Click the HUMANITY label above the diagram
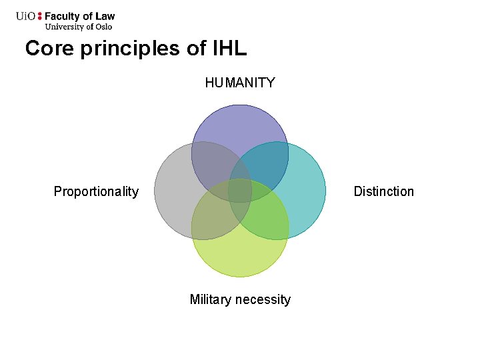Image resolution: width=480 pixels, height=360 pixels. (x=240, y=83)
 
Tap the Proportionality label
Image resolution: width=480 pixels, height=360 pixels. (x=96, y=192)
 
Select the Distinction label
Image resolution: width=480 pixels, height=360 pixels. (x=383, y=192)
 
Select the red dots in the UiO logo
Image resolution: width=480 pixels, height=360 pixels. (x=39, y=16)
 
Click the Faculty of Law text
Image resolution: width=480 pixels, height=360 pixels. (x=79, y=17)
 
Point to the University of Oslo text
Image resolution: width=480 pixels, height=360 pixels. (x=78, y=27)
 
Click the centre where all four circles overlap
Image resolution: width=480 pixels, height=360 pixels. (x=240, y=191)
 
